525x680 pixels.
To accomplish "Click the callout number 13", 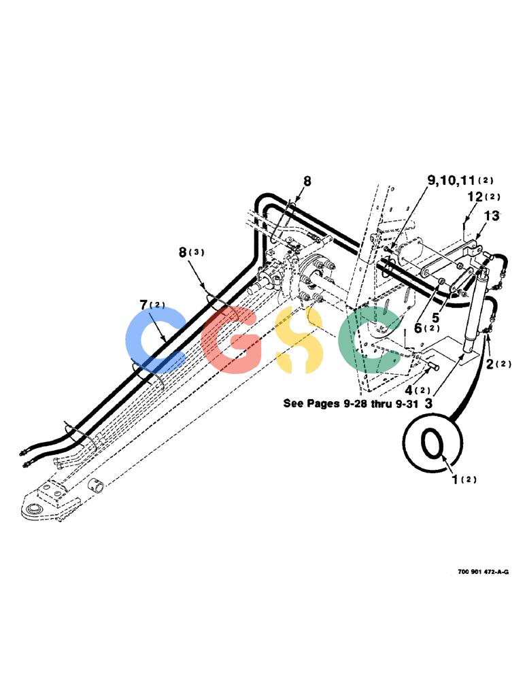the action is [492, 216].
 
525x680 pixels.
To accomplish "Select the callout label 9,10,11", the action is [451, 180].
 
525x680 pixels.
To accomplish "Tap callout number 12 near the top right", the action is [475, 197].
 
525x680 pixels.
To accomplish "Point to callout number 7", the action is [144, 305].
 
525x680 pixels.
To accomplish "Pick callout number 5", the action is [435, 318].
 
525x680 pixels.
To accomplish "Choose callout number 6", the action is [418, 328].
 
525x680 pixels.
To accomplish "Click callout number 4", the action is [408, 390].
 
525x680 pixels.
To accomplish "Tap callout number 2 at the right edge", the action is [490, 364].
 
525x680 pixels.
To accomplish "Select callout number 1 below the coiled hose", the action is [455, 479].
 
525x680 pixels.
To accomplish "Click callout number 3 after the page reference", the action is [428, 404].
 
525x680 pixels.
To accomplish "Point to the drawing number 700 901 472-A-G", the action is [483, 572].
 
